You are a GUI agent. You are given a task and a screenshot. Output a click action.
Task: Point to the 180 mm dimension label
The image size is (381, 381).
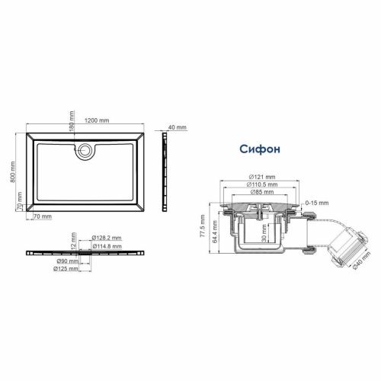[x=72, y=121]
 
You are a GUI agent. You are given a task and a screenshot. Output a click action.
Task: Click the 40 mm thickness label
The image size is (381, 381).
[x=177, y=126]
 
